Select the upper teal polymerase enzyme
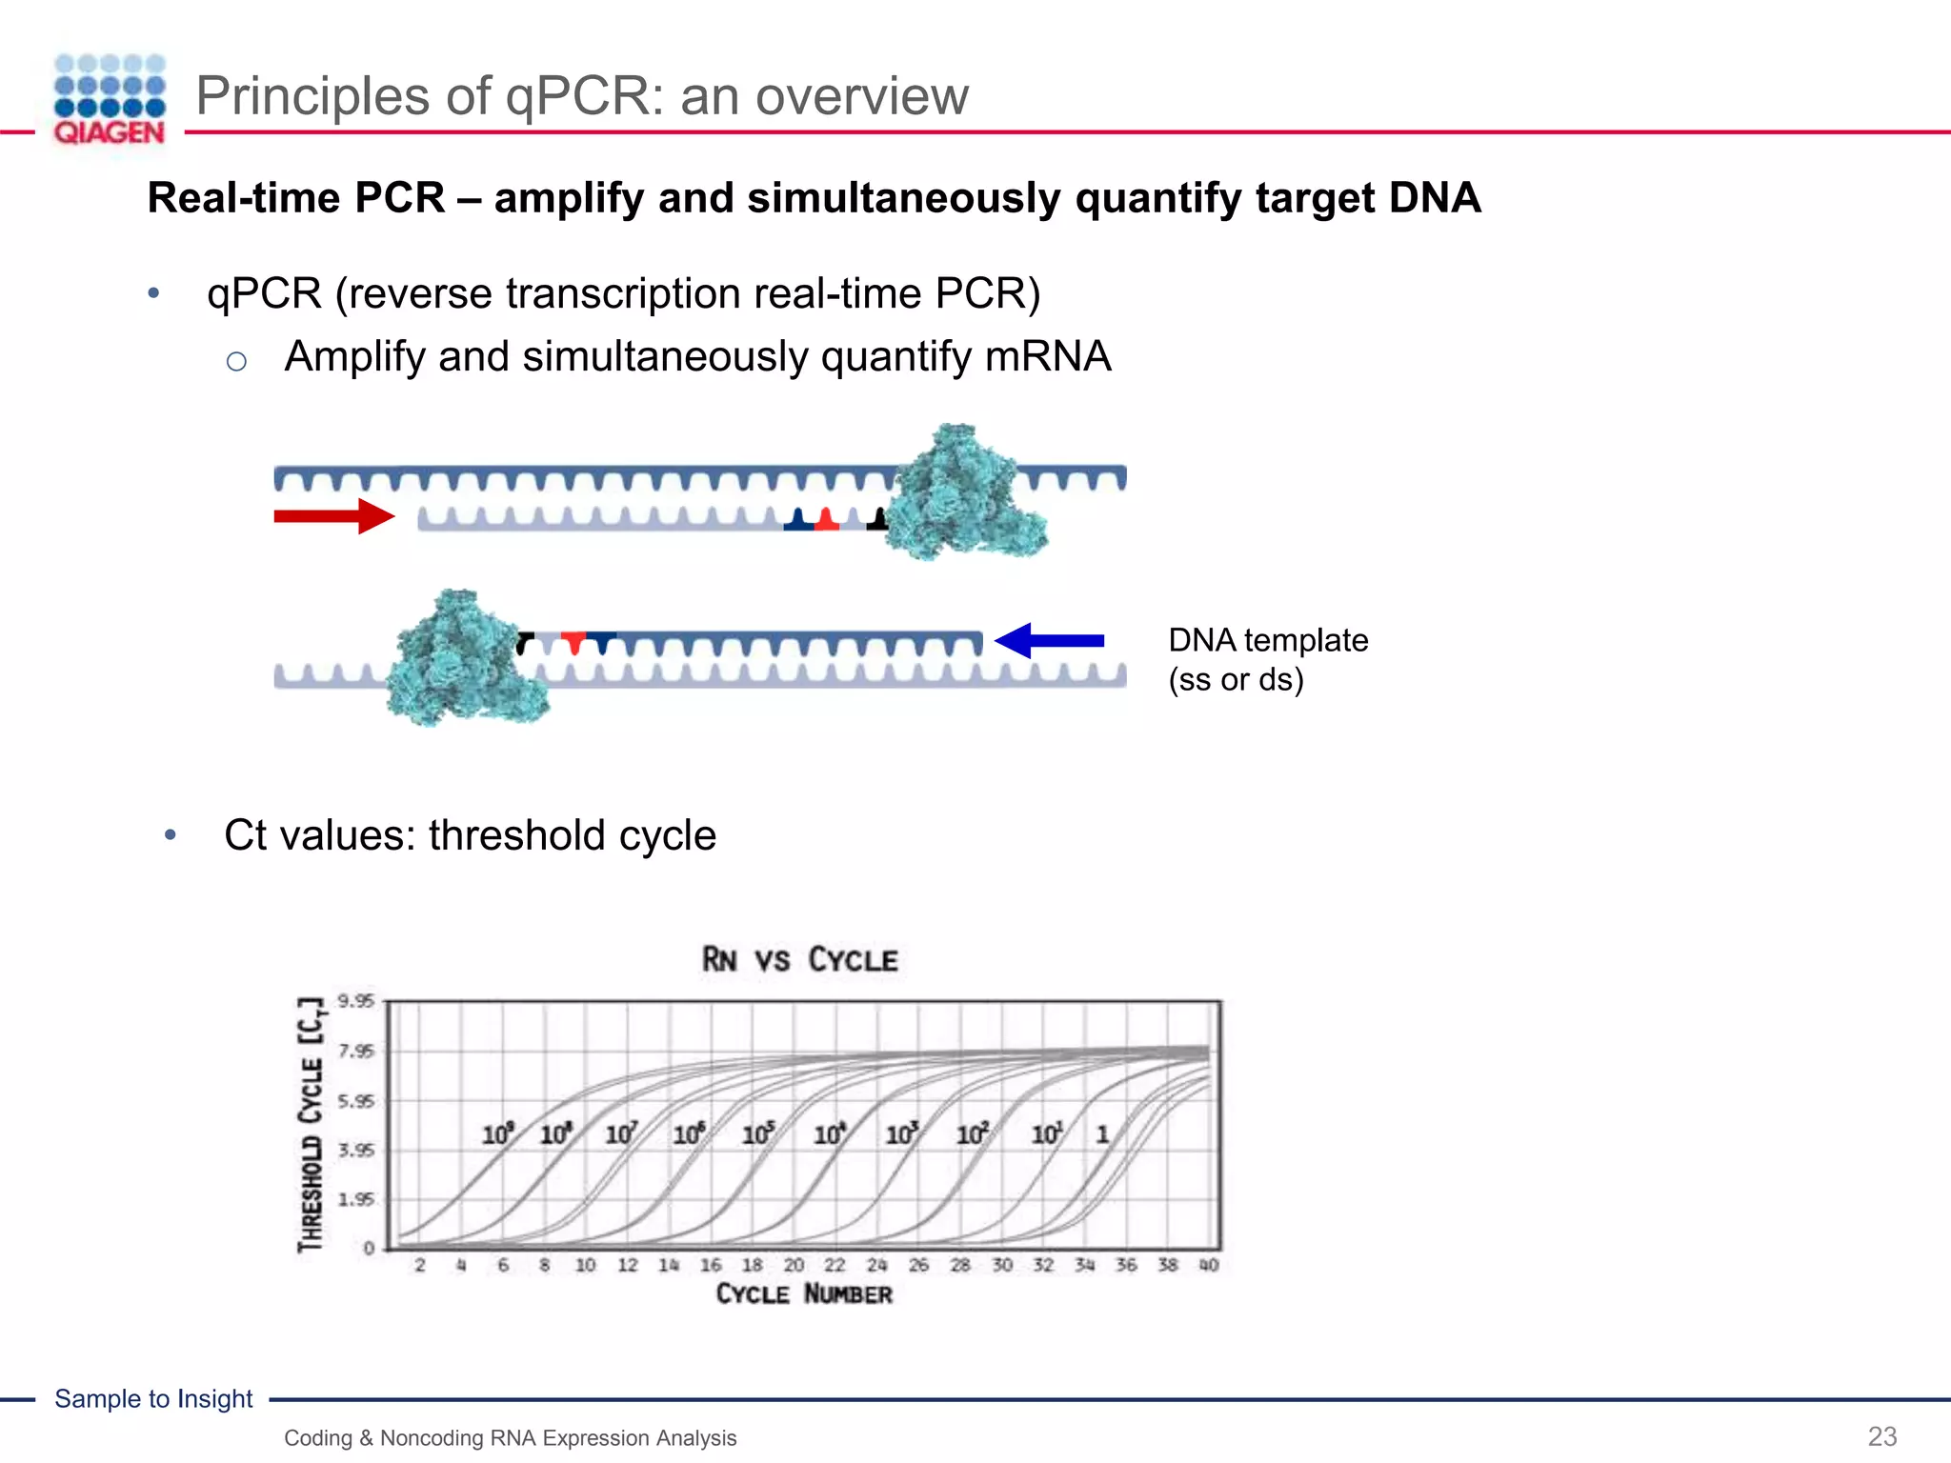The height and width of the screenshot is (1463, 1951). [x=964, y=493]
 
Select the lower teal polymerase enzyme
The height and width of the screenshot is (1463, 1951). [x=463, y=659]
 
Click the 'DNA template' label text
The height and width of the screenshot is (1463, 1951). [x=1268, y=640]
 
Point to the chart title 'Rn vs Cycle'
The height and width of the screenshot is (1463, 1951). [x=799, y=959]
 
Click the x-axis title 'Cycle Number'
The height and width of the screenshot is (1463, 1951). [x=804, y=1293]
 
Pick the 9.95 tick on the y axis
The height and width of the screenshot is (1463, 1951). [x=356, y=1001]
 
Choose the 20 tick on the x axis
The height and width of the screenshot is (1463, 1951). [x=794, y=1265]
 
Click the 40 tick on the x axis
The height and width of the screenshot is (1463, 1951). [x=1209, y=1265]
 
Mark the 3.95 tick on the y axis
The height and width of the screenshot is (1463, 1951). [x=356, y=1150]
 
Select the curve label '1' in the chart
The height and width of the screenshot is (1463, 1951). [x=1102, y=1134]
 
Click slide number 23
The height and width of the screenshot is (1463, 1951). [x=1881, y=1436]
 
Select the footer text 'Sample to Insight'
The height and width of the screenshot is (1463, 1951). [x=153, y=1398]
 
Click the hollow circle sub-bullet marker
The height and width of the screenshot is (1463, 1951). [x=236, y=361]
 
